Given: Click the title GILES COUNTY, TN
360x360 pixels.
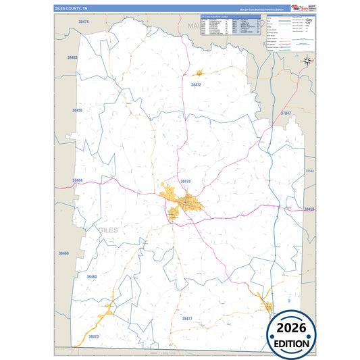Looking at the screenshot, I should tap(71, 8).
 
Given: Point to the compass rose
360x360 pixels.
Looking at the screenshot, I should tap(306, 61).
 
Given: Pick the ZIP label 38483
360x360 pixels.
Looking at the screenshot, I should tap(72, 58).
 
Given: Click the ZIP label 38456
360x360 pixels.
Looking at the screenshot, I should tap(78, 109).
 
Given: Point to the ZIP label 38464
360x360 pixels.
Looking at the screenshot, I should tap(77, 180).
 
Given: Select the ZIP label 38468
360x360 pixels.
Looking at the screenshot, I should tap(63, 253).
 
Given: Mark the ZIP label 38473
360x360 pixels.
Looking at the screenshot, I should tap(93, 336).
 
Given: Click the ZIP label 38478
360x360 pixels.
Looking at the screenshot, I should tap(186, 181).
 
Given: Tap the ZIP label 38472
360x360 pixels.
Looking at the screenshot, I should tap(196, 85).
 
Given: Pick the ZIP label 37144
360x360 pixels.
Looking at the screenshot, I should tap(309, 172).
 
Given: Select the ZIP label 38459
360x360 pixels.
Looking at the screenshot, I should tap(309, 209).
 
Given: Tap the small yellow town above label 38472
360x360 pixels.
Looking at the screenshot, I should tap(199, 72).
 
